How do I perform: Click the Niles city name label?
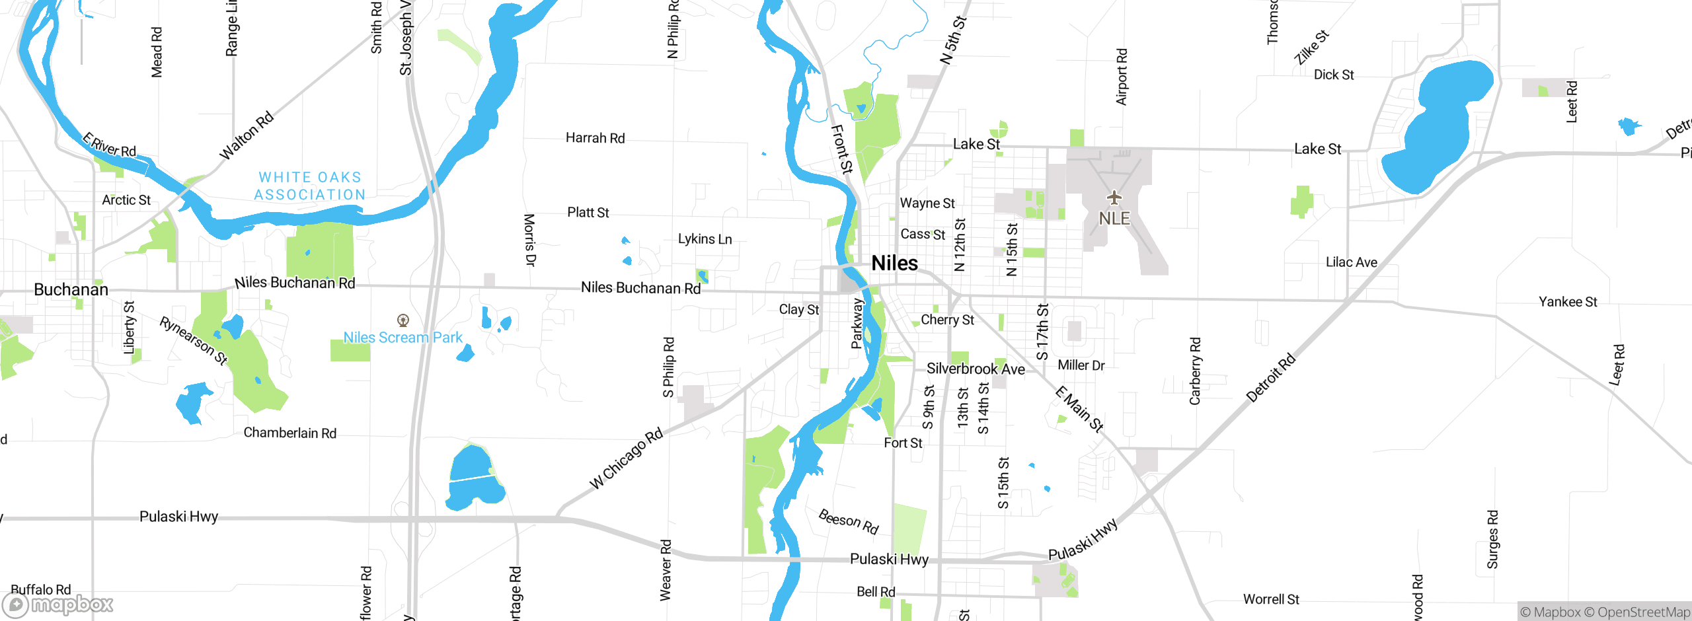pos(894,263)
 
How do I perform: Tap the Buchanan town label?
pos(71,289)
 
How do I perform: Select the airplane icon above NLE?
pos(1114,198)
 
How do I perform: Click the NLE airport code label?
pos(1114,218)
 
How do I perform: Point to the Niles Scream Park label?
pos(403,338)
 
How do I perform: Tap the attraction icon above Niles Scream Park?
pos(403,320)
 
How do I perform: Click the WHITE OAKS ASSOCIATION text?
pos(310,186)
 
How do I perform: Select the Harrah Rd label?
pos(595,138)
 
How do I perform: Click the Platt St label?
pos(588,213)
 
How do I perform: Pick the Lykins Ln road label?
pos(705,239)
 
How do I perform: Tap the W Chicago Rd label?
pos(626,459)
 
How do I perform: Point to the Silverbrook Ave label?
pos(976,369)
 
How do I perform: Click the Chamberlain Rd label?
pos(289,433)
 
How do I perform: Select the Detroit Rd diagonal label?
pos(1270,379)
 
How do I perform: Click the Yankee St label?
pos(1567,302)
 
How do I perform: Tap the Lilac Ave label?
pos(1351,262)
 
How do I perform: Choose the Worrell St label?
pos(1270,599)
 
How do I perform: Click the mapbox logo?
pos(58,604)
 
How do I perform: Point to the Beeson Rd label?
pos(848,521)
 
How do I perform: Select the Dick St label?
pos(1333,75)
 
